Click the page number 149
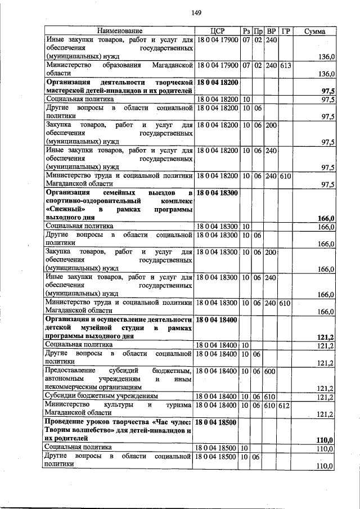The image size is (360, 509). [196, 13]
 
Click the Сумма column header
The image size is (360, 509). [315, 30]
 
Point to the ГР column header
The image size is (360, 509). [286, 30]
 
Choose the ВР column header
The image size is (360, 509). [271, 30]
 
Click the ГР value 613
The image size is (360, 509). [285, 65]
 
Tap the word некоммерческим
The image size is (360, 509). [80, 388]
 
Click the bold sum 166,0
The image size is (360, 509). [326, 218]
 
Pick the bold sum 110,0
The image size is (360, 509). [326, 439]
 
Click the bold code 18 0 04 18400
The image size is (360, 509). [217, 319]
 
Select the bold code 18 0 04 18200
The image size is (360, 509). [217, 83]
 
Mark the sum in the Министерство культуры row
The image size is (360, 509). [326, 414]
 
